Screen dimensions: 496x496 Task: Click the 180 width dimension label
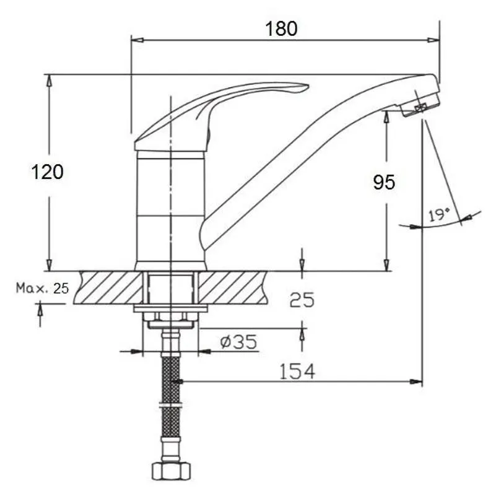pos(281,28)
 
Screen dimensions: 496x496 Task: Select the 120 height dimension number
pos(48,172)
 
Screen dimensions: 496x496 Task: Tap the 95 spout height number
pos(384,182)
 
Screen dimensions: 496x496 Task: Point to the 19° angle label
pos(440,215)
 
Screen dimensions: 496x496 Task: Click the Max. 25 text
pos(42,288)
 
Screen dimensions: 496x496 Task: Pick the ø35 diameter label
pos(239,342)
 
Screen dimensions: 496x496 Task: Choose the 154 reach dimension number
pos(297,372)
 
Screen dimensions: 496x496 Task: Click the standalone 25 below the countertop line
pos(302,300)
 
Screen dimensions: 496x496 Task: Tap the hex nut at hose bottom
pos(172,471)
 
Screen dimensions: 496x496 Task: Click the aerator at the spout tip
pos(420,105)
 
